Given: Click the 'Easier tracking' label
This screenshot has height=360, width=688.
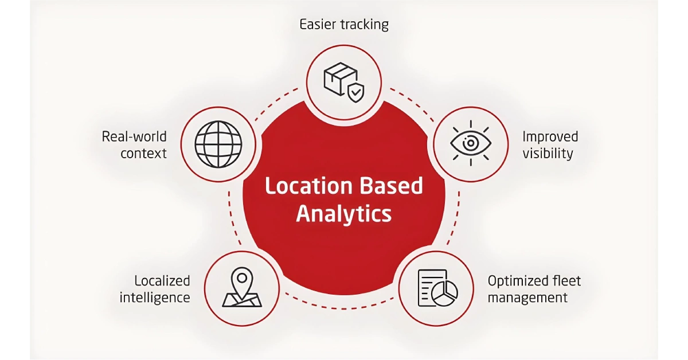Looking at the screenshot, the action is (344, 25).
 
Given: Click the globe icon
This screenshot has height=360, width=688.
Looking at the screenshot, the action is (218, 144).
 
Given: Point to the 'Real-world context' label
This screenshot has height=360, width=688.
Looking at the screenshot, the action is (134, 144).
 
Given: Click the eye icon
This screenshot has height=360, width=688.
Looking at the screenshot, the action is (471, 143).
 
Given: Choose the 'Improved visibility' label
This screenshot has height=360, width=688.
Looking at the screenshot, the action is (550, 145).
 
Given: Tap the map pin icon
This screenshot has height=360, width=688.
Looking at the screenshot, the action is (242, 287).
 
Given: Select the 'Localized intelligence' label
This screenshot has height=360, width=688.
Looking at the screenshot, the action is (155, 289).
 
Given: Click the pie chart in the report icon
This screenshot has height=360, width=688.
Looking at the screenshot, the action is (444, 294).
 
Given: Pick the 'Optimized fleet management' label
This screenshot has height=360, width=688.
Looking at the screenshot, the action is (534, 289).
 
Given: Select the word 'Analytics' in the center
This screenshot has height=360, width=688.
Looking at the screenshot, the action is (344, 214).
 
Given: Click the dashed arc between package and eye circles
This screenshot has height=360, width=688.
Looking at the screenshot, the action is (412, 104).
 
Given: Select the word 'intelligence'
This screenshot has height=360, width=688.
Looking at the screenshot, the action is (155, 298).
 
